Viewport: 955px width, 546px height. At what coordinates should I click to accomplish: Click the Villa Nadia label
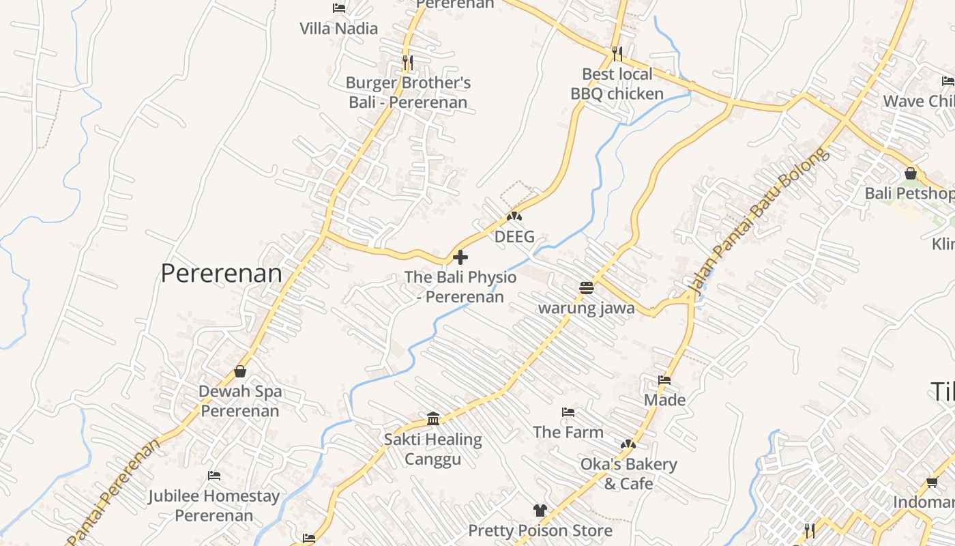pyautogui.click(x=338, y=29)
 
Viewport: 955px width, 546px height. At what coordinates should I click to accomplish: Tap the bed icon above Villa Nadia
pyautogui.click(x=338, y=8)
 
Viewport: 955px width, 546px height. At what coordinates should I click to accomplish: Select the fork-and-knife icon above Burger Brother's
pyautogui.click(x=407, y=62)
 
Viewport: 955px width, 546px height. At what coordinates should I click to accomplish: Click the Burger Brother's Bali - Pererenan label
pyautogui.click(x=408, y=93)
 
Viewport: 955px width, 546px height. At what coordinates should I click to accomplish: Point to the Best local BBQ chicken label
pyautogui.click(x=617, y=84)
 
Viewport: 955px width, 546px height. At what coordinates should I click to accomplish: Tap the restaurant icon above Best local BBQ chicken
pyautogui.click(x=617, y=53)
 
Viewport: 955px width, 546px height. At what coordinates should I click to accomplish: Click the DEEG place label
pyautogui.click(x=514, y=237)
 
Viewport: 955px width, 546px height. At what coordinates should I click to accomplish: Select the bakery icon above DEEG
pyautogui.click(x=514, y=216)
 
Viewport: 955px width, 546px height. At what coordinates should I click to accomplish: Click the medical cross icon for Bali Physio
pyautogui.click(x=460, y=257)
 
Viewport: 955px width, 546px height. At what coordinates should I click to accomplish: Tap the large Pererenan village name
pyautogui.click(x=221, y=274)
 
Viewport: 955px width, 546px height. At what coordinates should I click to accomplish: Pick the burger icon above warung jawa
pyautogui.click(x=586, y=287)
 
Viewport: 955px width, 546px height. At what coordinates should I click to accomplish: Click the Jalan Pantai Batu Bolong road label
pyautogui.click(x=759, y=222)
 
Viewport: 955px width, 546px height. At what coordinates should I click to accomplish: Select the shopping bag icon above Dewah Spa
pyautogui.click(x=240, y=371)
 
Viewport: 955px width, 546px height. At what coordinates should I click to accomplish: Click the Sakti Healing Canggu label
pyautogui.click(x=432, y=449)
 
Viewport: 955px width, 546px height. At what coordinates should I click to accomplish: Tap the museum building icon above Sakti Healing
pyautogui.click(x=432, y=418)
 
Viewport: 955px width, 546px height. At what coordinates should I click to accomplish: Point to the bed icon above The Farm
pyautogui.click(x=568, y=412)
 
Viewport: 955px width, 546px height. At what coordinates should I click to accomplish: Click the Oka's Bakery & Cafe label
pyautogui.click(x=628, y=474)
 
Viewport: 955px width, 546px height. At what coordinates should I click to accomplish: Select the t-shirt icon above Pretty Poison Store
pyautogui.click(x=540, y=510)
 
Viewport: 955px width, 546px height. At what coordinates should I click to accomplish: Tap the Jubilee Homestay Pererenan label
pyautogui.click(x=214, y=505)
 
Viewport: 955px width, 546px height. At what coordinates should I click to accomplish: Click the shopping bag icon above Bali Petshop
pyautogui.click(x=910, y=173)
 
